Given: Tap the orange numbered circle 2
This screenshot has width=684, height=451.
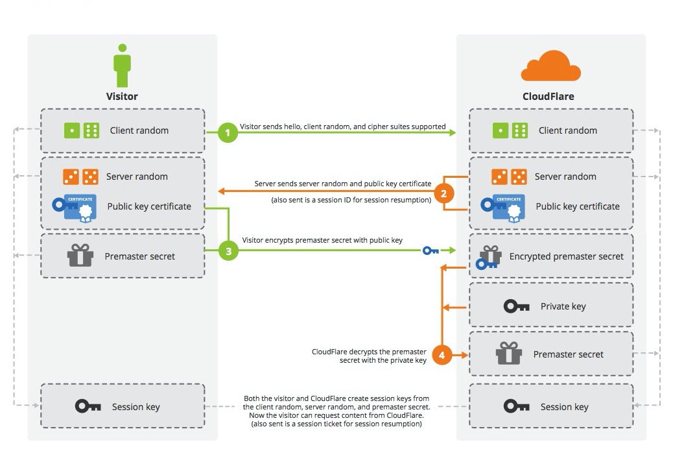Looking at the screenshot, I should tap(443, 193).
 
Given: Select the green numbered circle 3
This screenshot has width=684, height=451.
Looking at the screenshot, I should tap(228, 250).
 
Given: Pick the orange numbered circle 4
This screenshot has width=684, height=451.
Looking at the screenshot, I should tap(442, 355).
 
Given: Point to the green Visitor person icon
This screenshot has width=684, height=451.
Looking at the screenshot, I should tap(122, 65).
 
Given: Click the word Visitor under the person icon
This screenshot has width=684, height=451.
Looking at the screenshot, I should tap(122, 96).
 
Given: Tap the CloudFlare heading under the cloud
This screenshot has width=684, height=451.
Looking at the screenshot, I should tap(548, 97).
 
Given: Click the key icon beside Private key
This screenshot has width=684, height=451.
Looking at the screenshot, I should tap(516, 306).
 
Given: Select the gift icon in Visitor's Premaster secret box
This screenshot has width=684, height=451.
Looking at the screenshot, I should tap(80, 256).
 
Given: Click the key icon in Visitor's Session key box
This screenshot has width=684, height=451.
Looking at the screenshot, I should tap(88, 406).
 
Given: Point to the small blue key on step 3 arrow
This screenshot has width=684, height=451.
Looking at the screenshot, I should tap(430, 250).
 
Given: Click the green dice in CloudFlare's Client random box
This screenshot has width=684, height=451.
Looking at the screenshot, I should tap(510, 130).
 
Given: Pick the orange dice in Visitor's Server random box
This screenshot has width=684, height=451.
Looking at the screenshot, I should tap(80, 177).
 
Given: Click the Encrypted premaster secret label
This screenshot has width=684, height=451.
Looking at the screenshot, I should tap(566, 256).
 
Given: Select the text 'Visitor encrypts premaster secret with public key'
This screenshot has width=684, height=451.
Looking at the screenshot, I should tap(322, 240).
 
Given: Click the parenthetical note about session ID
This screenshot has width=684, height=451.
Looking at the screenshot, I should tap(351, 201).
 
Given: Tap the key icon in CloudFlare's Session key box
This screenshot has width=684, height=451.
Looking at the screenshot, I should tap(516, 406).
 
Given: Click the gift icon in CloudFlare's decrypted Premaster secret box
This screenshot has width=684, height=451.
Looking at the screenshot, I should tap(508, 354).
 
